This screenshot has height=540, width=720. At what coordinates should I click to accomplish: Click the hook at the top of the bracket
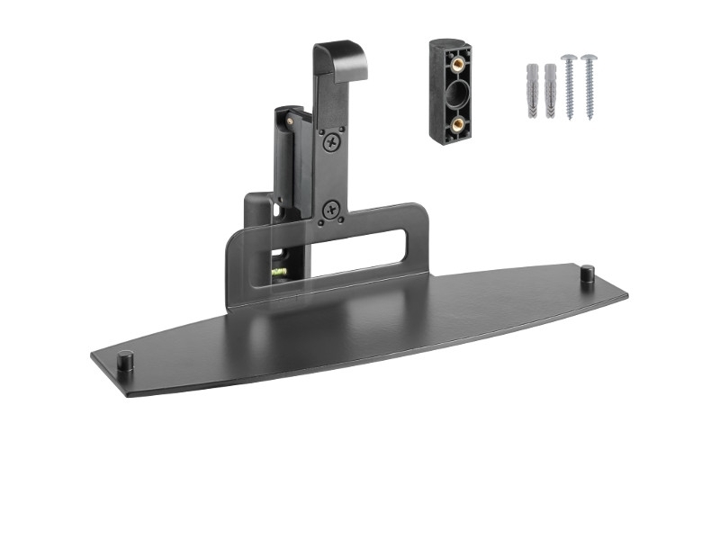click(x=341, y=58)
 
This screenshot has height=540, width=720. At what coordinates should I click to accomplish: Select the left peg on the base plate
click(x=126, y=359)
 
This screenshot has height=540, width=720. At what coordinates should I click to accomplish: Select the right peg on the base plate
click(x=587, y=273)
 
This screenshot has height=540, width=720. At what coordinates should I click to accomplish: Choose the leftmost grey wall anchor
click(x=532, y=91)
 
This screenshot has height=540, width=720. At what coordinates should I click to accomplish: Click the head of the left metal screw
click(x=569, y=60)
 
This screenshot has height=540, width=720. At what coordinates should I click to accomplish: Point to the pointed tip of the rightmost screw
click(x=589, y=118)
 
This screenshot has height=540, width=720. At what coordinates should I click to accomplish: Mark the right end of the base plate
click(x=623, y=294)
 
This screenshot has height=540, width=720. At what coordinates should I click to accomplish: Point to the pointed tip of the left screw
click(x=570, y=118)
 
